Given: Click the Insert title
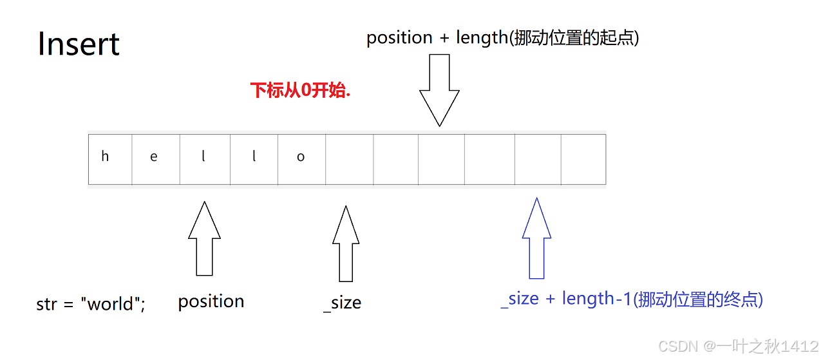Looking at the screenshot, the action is click(79, 44).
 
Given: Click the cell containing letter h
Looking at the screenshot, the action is click(109, 158).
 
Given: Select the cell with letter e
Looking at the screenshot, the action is click(155, 158).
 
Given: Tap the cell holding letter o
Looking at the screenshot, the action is click(301, 158).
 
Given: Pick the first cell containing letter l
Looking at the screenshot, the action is click(205, 158).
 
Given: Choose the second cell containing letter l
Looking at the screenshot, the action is click(254, 158).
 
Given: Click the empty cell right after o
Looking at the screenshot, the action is click(349, 158).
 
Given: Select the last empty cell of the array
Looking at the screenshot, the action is click(583, 158).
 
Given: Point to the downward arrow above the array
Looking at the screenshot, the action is click(440, 90).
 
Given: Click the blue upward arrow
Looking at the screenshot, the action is click(536, 238).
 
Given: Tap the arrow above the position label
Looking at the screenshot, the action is click(204, 238).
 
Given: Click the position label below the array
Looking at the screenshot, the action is click(211, 301).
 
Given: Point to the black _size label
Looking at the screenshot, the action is click(343, 303).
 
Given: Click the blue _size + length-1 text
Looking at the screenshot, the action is click(631, 299).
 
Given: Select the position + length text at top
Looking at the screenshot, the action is click(502, 38).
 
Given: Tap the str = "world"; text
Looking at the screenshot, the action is click(91, 304).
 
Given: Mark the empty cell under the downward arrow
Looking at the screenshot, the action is click(441, 158).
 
